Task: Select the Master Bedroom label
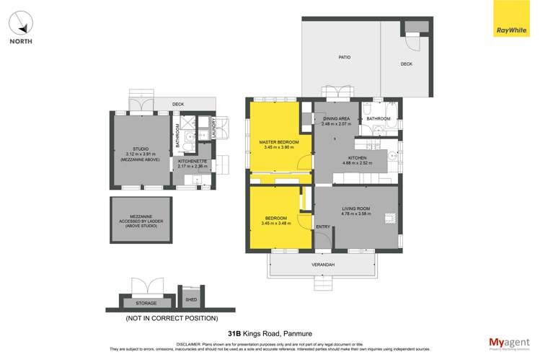coord(275,142)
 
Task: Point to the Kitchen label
coord(358,157)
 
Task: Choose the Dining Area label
coord(336,118)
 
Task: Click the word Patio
coord(345,56)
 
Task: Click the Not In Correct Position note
coord(171,317)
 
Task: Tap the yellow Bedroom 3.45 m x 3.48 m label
coord(275,221)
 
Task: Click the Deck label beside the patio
coord(406,64)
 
